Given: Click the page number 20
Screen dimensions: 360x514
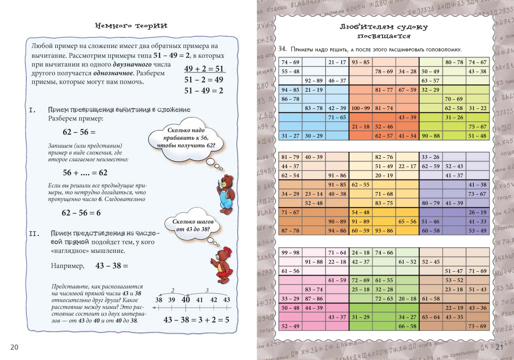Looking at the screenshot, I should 14,347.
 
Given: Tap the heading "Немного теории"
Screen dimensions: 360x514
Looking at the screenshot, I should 131,26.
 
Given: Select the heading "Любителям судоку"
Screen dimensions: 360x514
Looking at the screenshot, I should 383,27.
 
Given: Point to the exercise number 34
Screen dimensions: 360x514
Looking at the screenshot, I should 281,50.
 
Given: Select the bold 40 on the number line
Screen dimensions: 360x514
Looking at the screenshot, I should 185,300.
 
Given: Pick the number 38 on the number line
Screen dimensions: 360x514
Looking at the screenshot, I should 158,300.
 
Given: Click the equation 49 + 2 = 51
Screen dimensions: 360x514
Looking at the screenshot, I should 204,69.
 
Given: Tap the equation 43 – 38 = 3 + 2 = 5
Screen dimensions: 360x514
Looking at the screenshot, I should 196,320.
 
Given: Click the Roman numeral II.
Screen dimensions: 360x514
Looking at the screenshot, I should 34,234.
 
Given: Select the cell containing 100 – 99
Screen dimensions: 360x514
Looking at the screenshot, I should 361,108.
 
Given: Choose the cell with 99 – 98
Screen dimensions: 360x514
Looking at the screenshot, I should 290,252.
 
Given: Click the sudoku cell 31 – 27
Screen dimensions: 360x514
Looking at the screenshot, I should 290,136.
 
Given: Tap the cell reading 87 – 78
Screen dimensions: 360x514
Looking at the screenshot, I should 290,231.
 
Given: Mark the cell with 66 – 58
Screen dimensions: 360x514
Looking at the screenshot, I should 407,326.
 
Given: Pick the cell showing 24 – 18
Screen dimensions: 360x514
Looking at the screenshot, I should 361,252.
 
